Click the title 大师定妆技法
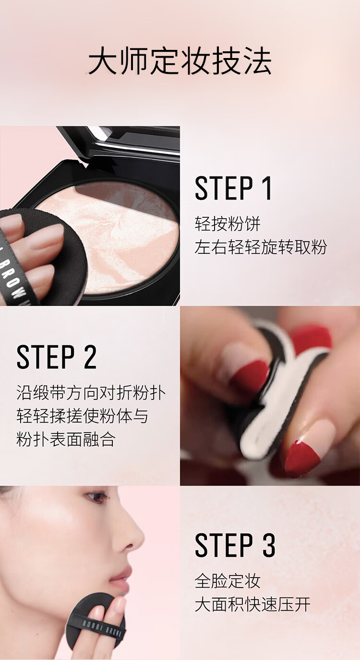click(180, 61)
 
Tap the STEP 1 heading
click(233, 189)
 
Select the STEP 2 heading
click(57, 357)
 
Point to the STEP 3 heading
click(235, 545)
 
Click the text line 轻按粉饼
click(228, 224)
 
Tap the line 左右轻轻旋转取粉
click(261, 247)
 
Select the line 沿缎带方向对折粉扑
click(91, 393)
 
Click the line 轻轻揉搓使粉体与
click(82, 416)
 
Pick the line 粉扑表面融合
click(65, 439)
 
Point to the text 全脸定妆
click(228, 581)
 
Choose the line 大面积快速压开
click(252, 604)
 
